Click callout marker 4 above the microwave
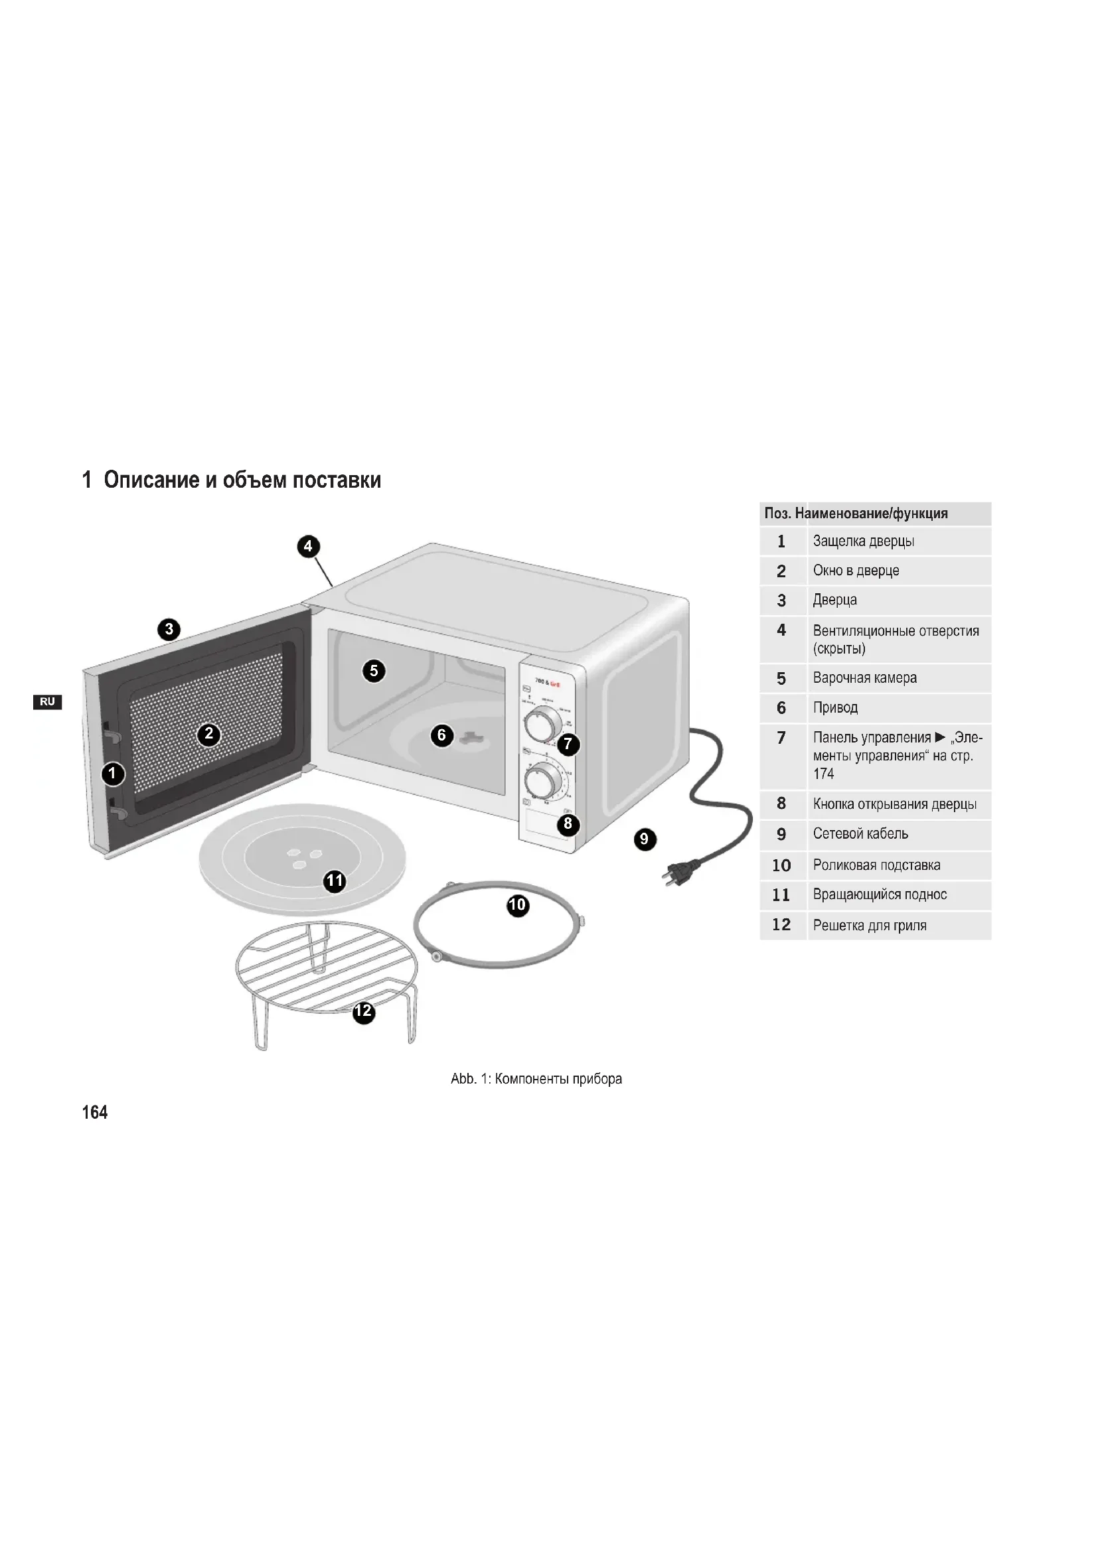[308, 546]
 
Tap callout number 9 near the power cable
[645, 839]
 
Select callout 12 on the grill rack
[364, 1011]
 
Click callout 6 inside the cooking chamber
[441, 735]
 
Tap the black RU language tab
[46, 702]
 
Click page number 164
[95, 1113]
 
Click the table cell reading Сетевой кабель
[860, 834]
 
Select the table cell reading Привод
[835, 708]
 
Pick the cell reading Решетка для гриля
[870, 926]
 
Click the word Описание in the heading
[151, 480]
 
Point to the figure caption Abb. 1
[536, 1079]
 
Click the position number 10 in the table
[781, 865]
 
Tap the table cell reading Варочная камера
[865, 678]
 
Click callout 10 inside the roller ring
[517, 905]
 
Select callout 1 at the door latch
[113, 774]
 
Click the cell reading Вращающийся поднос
[880, 895]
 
